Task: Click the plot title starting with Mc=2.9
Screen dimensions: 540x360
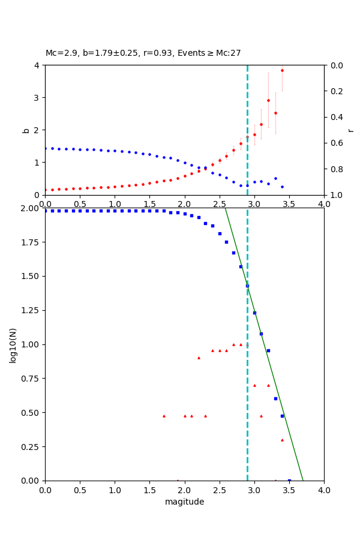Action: coord(143,53)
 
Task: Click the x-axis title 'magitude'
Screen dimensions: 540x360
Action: coord(184,502)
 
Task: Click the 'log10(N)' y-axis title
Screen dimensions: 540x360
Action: coord(13,344)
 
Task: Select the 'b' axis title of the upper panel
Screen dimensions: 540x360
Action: coord(26,130)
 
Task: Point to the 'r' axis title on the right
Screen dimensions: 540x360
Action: coord(350,130)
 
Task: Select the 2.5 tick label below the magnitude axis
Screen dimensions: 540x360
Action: coord(219,490)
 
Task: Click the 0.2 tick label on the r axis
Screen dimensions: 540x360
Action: coord(337,91)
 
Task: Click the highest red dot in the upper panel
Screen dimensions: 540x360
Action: coord(282,70)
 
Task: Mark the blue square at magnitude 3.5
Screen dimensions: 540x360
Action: coord(289,480)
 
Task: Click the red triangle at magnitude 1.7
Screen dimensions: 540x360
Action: coord(164,416)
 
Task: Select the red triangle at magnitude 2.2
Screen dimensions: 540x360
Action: coord(199,358)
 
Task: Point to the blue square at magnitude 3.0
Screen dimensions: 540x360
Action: coord(254,313)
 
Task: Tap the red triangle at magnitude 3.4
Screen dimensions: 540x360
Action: coord(282,440)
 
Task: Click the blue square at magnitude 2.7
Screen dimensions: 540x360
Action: coord(233,253)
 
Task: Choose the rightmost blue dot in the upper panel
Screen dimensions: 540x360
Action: coord(282,187)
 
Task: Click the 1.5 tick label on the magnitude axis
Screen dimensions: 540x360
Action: coord(149,490)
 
